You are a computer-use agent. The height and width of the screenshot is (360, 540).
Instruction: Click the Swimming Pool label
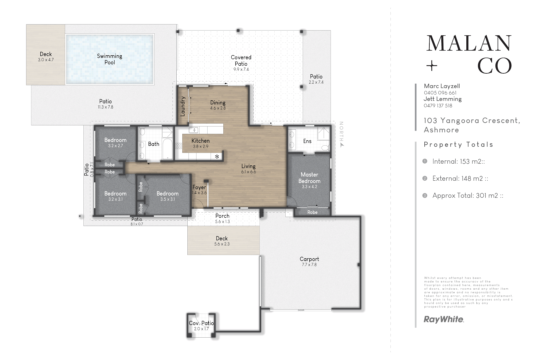pyautogui.click(x=109, y=59)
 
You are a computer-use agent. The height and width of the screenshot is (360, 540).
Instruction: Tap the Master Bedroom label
pyautogui.click(x=309, y=178)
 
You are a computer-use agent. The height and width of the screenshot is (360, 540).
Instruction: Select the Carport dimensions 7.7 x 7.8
pyautogui.click(x=309, y=265)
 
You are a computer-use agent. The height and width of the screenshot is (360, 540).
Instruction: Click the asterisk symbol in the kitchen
pyautogui.click(x=217, y=157)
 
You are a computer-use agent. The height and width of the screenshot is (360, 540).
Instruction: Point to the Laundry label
pyautogui.click(x=183, y=106)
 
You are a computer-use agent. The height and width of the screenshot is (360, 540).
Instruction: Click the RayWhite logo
pyautogui.click(x=443, y=319)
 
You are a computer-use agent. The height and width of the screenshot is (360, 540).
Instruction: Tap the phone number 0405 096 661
pyautogui.click(x=440, y=93)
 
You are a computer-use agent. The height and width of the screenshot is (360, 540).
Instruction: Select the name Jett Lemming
pyautogui.click(x=442, y=99)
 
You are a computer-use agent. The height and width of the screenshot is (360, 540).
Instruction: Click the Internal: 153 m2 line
pyautogui.click(x=458, y=162)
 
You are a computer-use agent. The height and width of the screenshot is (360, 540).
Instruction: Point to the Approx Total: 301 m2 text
pyautogui.click(x=468, y=196)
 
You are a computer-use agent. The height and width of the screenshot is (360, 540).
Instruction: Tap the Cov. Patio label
pyautogui.click(x=201, y=323)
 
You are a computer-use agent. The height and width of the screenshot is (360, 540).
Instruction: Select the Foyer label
pyautogui.click(x=199, y=187)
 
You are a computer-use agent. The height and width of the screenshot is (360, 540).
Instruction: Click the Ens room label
pyautogui.click(x=307, y=141)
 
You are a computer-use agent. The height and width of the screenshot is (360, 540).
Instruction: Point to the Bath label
pyautogui.click(x=154, y=144)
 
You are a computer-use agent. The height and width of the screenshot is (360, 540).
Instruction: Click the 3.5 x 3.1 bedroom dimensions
pyautogui.click(x=167, y=199)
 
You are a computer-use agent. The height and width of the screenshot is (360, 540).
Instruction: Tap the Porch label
pyautogui.click(x=222, y=216)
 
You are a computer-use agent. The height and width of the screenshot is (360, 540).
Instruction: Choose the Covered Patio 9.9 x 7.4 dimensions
pyautogui.click(x=241, y=70)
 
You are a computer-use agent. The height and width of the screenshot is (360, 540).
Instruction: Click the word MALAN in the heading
pyautogui.click(x=468, y=44)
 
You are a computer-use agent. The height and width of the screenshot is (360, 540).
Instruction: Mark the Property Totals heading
pyautogui.click(x=458, y=145)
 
